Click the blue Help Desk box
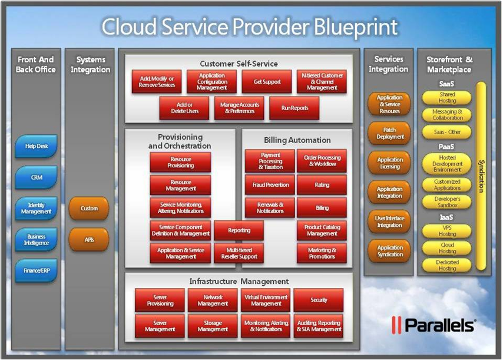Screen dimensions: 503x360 (37, 146)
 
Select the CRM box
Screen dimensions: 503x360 (37, 177)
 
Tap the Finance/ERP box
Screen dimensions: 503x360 (37, 270)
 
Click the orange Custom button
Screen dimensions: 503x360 (89, 208)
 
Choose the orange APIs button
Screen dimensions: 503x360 (89, 240)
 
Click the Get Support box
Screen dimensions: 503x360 (267, 82)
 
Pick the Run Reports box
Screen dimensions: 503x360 (294, 108)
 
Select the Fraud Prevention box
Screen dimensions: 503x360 (270, 185)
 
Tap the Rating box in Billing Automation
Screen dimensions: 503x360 (322, 185)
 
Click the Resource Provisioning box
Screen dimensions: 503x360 (181, 163)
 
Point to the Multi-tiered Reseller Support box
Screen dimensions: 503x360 (239, 253)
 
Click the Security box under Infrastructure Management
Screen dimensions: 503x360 (319, 300)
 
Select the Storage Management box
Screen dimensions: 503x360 (213, 326)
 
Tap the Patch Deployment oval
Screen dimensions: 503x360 (389, 133)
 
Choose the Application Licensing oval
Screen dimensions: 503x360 (389, 163)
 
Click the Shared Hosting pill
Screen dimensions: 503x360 (447, 98)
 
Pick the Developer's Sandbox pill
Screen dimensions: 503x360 (447, 202)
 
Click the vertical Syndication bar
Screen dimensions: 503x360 (481, 176)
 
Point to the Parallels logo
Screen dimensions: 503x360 (433, 325)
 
